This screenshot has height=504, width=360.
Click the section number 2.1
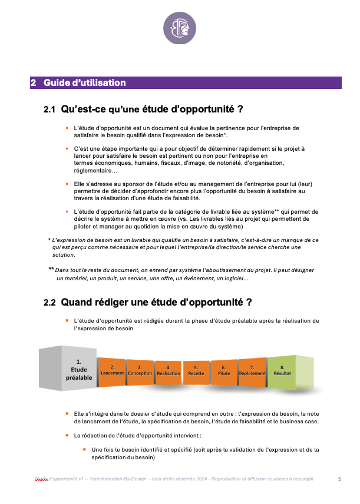(49, 110)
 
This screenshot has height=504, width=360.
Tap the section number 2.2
(49, 303)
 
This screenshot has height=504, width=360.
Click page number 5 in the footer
(339, 479)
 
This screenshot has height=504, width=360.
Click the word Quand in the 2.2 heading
(78, 303)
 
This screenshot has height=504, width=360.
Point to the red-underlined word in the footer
(42, 479)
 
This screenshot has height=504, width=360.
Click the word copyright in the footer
(302, 479)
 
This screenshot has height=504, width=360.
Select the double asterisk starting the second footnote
(51, 269)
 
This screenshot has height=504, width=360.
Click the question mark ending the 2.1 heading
(240, 110)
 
